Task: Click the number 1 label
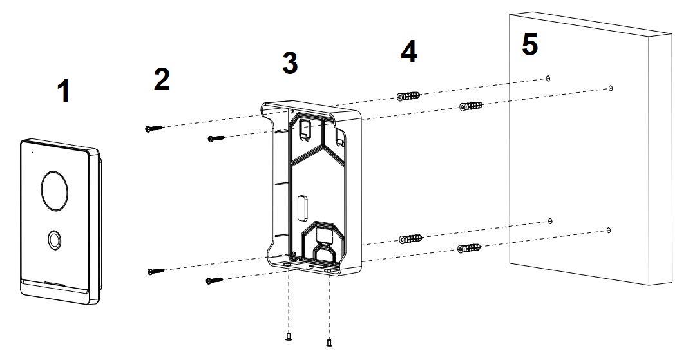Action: point(64,92)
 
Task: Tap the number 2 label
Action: point(162,80)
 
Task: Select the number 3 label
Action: point(290,62)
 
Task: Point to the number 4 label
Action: point(409,52)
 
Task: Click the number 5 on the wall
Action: point(530,44)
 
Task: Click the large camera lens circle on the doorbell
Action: point(55,191)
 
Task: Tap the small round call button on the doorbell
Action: point(54,240)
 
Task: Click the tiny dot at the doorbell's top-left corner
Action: point(32,153)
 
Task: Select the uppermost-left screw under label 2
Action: point(153,128)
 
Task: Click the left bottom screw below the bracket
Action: point(289,336)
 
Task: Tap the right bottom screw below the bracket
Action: point(329,343)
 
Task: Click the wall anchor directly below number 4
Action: point(408,96)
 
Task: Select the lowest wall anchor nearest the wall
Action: point(469,249)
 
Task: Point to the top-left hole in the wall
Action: point(548,79)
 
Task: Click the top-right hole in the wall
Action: point(610,88)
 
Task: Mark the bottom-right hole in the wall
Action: point(608,230)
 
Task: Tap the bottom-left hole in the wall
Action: point(550,222)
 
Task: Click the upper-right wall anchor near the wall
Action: point(471,106)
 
